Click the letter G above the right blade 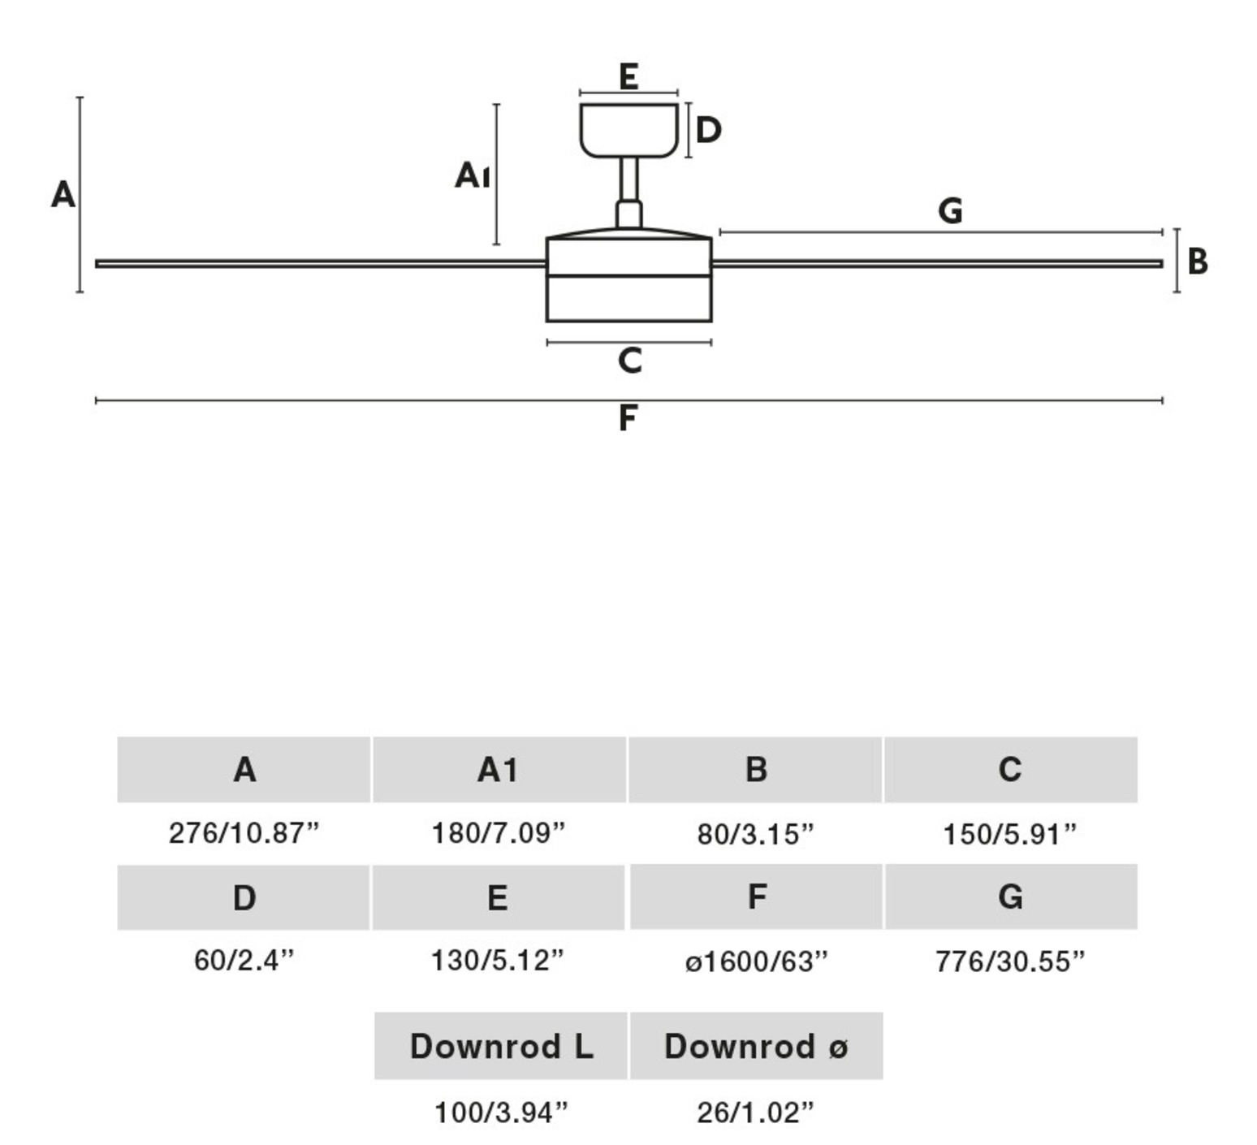tap(950, 211)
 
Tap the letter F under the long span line tap(627, 419)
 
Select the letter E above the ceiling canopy tap(628, 77)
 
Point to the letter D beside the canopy tap(708, 130)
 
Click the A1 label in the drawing tap(472, 175)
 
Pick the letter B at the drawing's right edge tap(1197, 262)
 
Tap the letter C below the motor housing tap(629, 361)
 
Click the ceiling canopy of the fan tap(628, 129)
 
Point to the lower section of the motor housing tap(628, 299)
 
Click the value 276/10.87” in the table tap(244, 833)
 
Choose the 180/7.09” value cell tap(498, 833)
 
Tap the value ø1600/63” tap(756, 961)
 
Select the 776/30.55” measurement tap(1010, 961)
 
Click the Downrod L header tap(501, 1046)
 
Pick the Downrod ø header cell tap(756, 1046)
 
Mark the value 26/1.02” tap(755, 1112)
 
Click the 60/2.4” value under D tap(244, 961)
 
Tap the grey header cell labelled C tap(1010, 769)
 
